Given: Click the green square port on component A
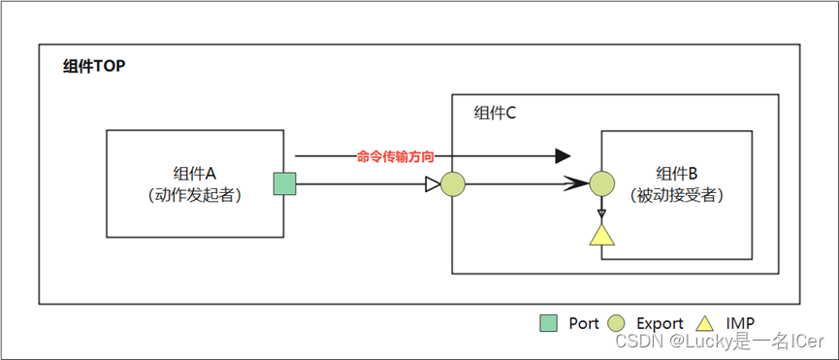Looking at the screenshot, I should pos(283,183).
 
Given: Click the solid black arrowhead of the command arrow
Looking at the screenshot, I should pos(562,155).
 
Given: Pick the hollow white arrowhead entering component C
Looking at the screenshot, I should pos(433,183).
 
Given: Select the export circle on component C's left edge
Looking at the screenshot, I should pos(453,183).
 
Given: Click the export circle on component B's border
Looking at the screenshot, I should pos(602,183).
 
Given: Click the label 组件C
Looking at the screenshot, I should pos(495,114).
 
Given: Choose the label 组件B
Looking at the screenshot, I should pos(677,173).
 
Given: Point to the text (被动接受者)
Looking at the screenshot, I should pos(677,194).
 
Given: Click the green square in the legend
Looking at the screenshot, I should pos(548,323).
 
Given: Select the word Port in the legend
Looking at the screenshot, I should pos(584,323).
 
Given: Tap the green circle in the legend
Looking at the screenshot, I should pos(617,323).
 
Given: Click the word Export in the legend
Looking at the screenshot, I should pos(660,323).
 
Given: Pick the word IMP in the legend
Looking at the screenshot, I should pos(740,323).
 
